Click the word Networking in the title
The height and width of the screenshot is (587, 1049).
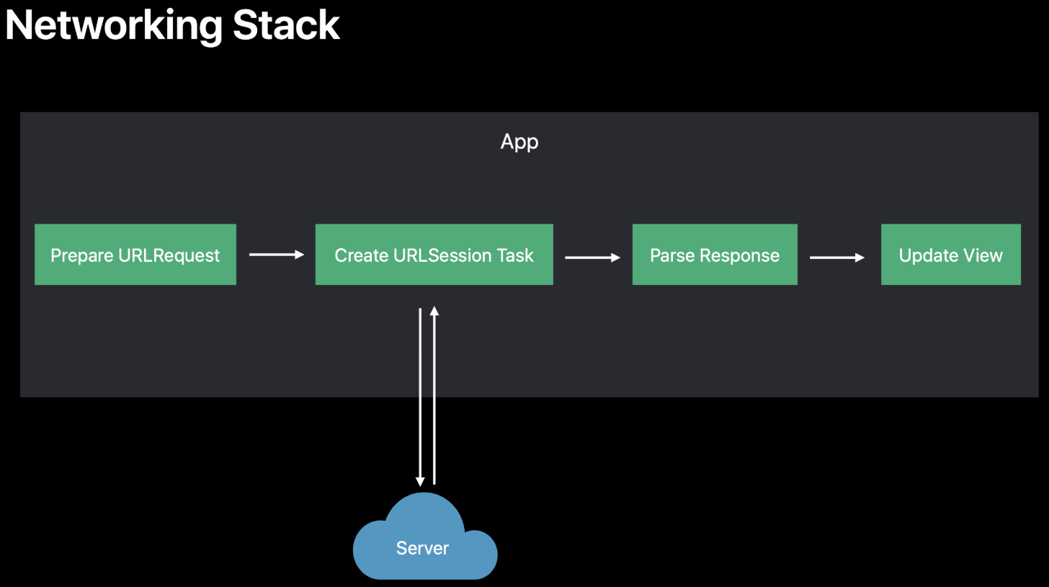coord(114,27)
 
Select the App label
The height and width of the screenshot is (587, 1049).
coord(519,142)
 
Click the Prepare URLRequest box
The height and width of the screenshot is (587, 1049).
coord(135,254)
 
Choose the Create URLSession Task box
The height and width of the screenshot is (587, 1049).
coord(434,254)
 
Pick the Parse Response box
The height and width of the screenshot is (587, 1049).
coord(715,254)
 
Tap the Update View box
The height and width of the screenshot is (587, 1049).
coord(951,254)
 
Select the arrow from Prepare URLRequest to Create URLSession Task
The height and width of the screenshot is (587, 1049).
coord(277,255)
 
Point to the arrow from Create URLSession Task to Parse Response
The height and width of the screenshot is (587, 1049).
coord(592,257)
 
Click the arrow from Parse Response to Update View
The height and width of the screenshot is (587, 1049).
coord(837,257)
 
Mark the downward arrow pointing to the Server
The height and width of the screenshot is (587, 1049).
coord(420,397)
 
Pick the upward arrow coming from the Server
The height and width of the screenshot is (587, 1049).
coord(434,395)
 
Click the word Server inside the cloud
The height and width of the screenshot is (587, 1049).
coord(422,548)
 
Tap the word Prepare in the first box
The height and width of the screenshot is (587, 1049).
coord(82,256)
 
